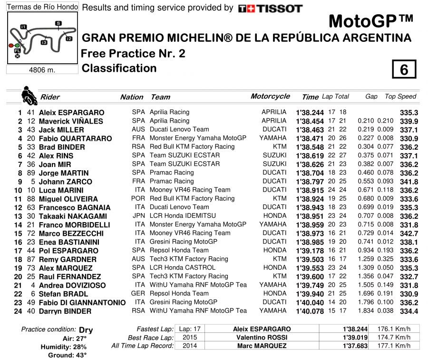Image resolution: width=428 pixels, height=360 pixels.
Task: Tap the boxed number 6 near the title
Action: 404,69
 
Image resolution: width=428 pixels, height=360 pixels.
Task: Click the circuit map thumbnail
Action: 42,38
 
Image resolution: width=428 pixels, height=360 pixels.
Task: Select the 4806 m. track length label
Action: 42,70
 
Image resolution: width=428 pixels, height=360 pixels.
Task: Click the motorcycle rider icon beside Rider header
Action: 29,95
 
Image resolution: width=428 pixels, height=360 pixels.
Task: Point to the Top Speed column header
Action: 400,97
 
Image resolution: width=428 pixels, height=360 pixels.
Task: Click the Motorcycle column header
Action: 270,97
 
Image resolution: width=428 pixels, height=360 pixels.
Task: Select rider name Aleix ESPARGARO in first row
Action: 71,113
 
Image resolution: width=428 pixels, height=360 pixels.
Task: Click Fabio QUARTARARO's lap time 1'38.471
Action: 310,138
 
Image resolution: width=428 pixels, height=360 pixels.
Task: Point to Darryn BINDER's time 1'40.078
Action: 310,311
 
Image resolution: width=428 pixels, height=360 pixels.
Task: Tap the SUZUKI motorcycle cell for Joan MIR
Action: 274,164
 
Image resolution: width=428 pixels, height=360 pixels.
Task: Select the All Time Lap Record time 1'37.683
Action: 355,346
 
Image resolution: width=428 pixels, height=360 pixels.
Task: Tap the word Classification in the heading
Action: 119,68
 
